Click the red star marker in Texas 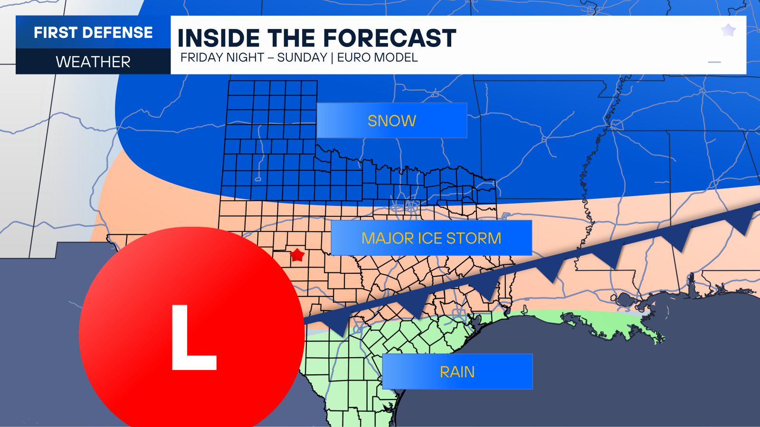click(x=297, y=255)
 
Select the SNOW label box click(x=392, y=121)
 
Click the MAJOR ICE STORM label click(x=431, y=238)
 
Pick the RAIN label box click(x=457, y=371)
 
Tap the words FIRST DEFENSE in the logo click(x=93, y=32)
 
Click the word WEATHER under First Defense click(x=93, y=62)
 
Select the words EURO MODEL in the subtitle click(x=378, y=57)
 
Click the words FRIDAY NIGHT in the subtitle click(x=222, y=57)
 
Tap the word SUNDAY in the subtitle click(x=302, y=57)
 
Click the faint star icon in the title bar click(x=728, y=30)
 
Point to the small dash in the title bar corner click(x=714, y=62)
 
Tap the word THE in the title click(x=292, y=38)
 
